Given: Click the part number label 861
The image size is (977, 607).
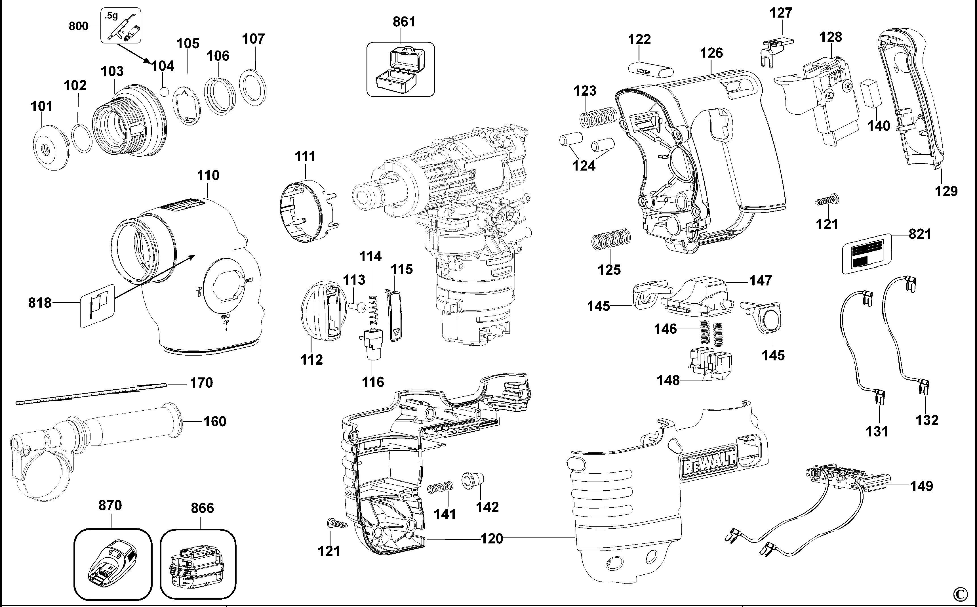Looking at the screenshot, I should [404, 22].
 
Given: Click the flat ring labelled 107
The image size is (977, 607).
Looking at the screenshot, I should [253, 87].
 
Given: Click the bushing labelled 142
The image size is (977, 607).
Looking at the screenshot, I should [473, 480].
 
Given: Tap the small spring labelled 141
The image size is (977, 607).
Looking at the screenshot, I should [440, 488].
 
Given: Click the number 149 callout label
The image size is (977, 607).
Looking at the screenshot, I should [921, 486].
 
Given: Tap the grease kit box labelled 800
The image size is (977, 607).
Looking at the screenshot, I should [120, 25].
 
